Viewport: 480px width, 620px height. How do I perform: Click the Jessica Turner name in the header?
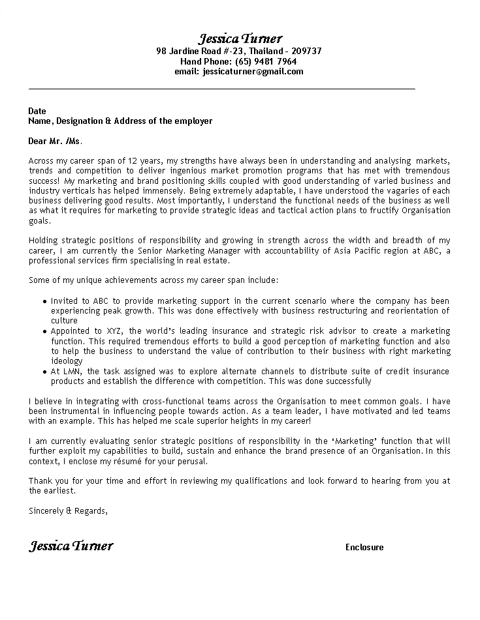point(240,38)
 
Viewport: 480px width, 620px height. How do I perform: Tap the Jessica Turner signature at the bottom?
point(71,546)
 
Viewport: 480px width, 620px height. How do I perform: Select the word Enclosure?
point(364,548)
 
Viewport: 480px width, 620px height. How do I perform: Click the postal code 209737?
point(306,51)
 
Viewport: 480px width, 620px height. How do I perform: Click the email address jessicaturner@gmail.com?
point(253,72)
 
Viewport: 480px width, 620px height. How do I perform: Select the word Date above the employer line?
point(38,111)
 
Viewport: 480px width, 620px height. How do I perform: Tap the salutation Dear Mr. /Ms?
point(56,141)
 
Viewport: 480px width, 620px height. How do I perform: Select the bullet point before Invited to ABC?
point(44,302)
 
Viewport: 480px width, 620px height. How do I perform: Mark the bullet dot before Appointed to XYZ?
point(44,332)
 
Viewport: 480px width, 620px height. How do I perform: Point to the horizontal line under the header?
point(222,88)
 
